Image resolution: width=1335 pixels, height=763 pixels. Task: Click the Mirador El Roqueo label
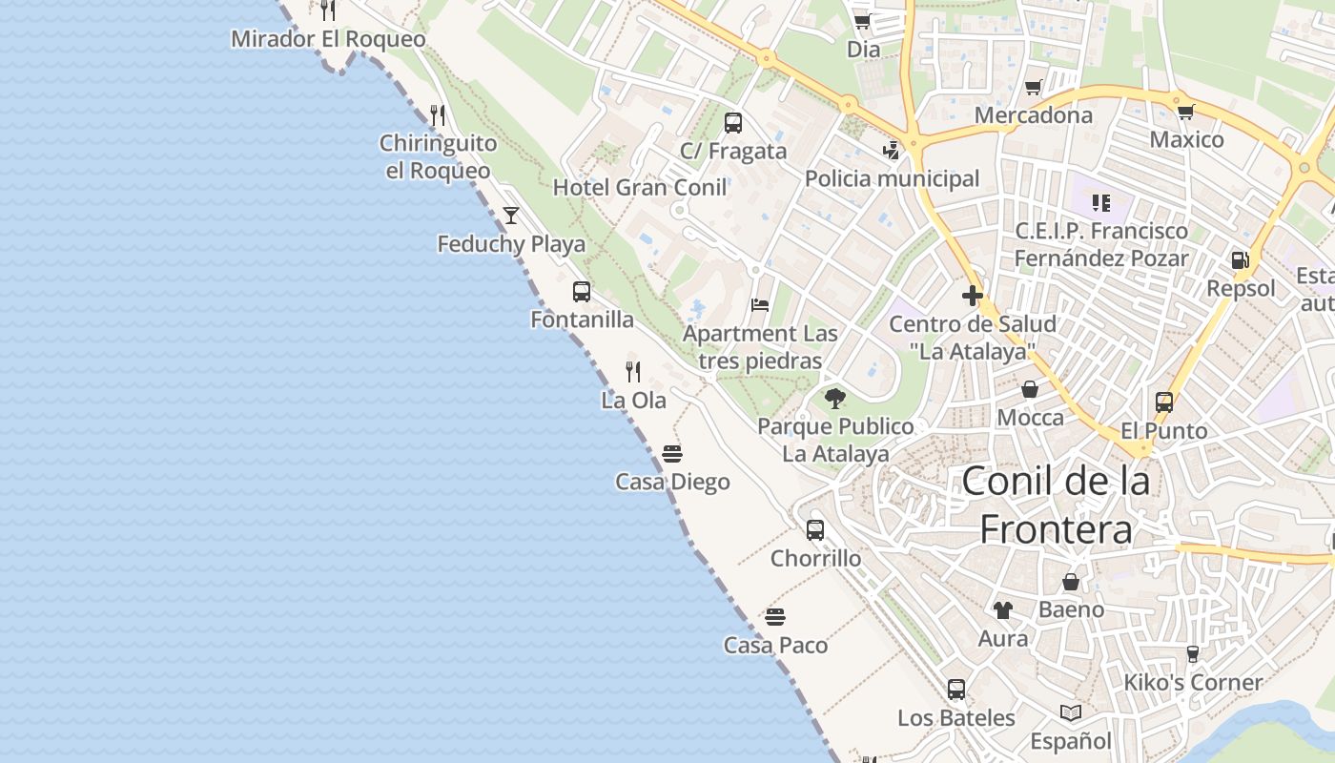click(x=328, y=39)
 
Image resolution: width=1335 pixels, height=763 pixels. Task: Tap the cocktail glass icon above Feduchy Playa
click(x=511, y=215)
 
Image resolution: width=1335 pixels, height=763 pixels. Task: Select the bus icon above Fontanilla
click(x=582, y=292)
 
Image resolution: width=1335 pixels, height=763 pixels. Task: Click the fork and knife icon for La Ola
click(x=633, y=371)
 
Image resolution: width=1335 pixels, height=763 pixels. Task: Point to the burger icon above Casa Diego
click(x=672, y=453)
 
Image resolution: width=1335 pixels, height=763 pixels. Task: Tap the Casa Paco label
click(x=775, y=646)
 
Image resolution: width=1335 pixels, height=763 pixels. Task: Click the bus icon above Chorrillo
click(x=815, y=530)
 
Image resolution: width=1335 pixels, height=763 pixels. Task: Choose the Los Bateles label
click(x=955, y=718)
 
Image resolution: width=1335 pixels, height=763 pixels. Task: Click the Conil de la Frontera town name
click(x=1056, y=505)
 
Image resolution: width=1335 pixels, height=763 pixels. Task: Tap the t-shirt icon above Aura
click(x=1002, y=609)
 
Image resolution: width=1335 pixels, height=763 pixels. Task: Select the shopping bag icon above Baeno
click(x=1071, y=581)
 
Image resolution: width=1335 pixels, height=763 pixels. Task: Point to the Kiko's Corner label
click(x=1192, y=683)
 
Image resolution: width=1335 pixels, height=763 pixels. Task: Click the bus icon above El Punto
click(x=1164, y=402)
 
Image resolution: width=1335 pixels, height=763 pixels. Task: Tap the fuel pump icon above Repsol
click(x=1240, y=259)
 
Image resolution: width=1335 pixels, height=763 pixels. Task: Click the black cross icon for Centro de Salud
click(x=973, y=296)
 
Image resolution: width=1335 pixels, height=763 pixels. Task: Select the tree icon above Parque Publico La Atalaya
click(x=835, y=398)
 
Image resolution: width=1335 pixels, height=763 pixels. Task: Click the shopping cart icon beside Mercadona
click(x=1033, y=88)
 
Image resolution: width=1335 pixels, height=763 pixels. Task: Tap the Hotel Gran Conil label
click(x=640, y=187)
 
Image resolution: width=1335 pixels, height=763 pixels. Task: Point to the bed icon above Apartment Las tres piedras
click(x=760, y=305)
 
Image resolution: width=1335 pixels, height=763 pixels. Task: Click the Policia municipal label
click(x=892, y=178)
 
